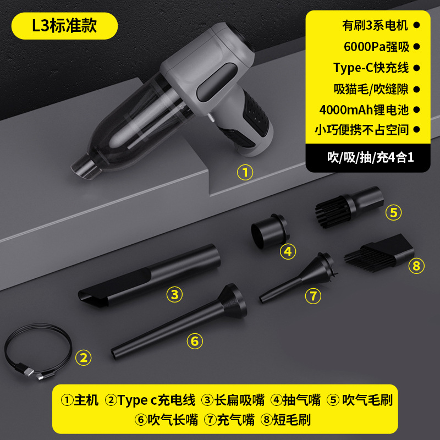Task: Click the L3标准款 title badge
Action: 65,26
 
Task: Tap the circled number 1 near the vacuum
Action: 245,172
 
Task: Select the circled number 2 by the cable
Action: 83,358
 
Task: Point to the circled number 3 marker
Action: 174,294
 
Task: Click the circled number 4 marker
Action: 288,251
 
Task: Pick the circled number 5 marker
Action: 393,212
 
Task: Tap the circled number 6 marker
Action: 194,341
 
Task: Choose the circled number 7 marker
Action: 312,296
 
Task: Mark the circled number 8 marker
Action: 416,266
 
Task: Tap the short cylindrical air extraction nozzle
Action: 269,228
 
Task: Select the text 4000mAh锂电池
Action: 364,109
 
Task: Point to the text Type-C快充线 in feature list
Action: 371,68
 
